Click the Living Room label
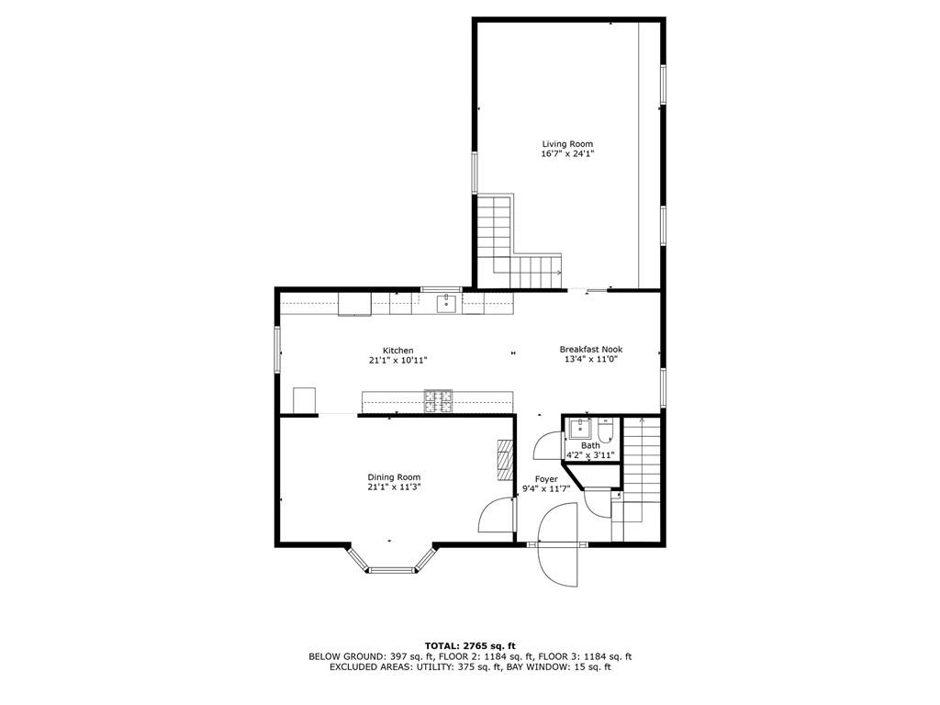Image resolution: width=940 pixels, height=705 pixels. coord(566,144)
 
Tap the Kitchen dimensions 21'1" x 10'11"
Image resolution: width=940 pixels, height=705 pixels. coord(397,361)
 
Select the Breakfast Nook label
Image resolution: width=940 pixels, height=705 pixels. coord(591,349)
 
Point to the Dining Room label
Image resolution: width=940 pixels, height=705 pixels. coord(394,476)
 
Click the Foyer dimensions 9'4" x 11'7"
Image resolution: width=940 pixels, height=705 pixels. coord(546,489)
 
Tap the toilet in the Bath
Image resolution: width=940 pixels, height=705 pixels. coord(606,430)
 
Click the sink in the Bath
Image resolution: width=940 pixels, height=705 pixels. coord(579,428)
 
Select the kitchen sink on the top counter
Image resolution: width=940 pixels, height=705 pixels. coord(447,303)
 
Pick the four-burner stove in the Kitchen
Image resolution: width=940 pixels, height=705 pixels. coord(438,400)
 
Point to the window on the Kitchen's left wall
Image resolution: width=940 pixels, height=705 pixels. coord(277,350)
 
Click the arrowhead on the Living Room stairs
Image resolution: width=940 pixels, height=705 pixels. coord(559,272)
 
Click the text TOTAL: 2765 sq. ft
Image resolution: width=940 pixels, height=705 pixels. coord(469,645)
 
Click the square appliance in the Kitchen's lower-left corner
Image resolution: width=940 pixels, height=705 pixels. coord(304,401)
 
